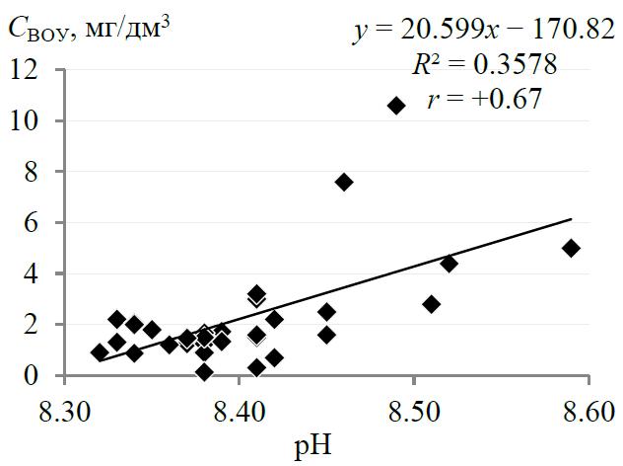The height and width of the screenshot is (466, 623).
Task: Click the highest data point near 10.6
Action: [x=396, y=106]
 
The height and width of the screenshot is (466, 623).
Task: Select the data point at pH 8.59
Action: [x=571, y=248]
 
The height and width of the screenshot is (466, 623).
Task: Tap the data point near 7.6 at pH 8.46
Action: [x=344, y=182]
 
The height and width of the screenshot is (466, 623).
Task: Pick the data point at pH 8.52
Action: [x=449, y=264]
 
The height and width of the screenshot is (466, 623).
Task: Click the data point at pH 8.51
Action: [x=431, y=304]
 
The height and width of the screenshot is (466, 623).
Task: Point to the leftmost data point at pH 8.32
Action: [x=100, y=352]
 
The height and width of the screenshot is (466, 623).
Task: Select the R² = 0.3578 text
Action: [x=485, y=65]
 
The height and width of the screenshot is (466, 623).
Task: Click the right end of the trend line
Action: [x=571, y=219]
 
